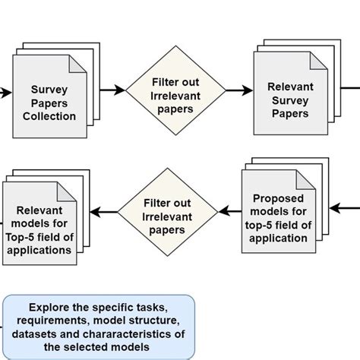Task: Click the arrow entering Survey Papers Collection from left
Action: click(5, 93)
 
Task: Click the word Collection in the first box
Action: click(49, 116)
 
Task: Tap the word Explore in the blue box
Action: click(49, 308)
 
